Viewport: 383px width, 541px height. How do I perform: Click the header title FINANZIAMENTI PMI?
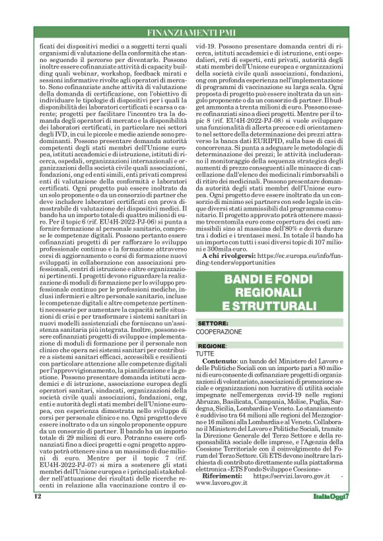[x=191, y=32]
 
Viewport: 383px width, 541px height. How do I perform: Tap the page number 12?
[x=38, y=515]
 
